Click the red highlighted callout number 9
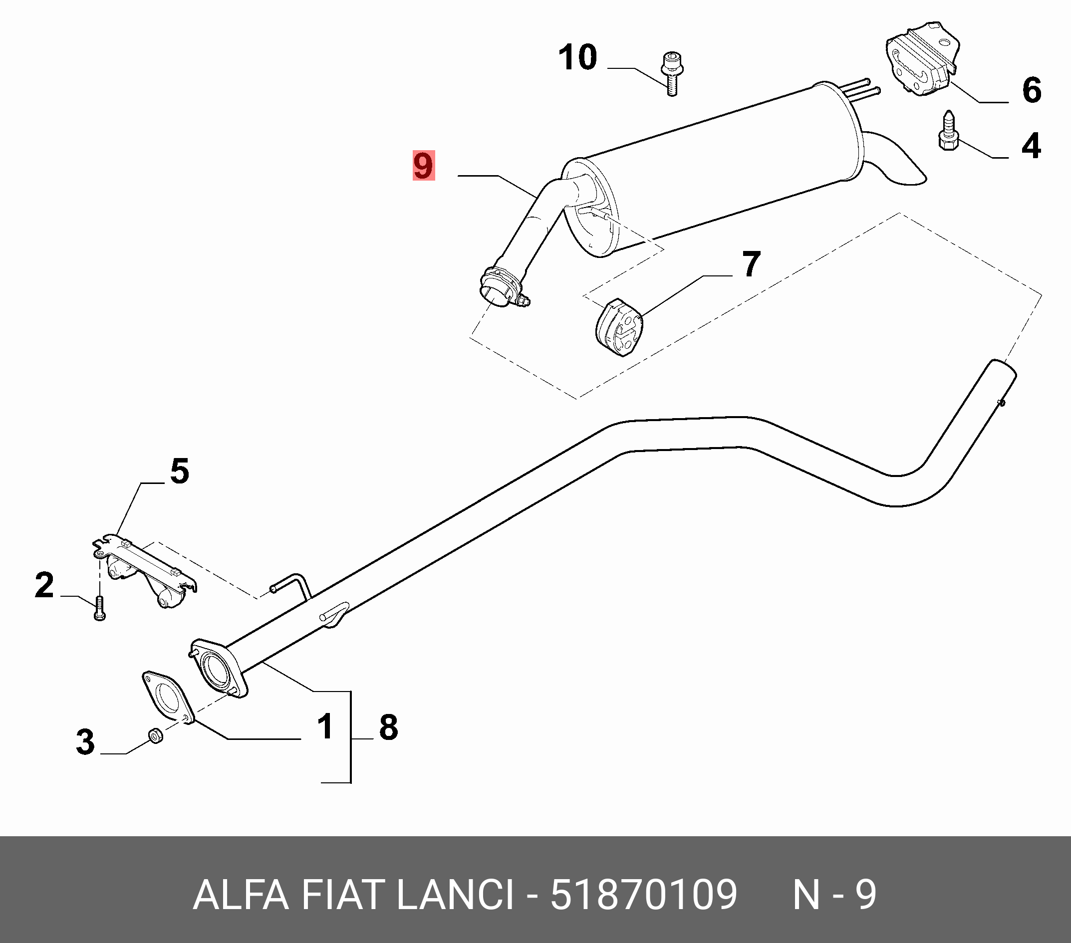pos(423,166)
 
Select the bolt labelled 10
pos(671,73)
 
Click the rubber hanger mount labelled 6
pos(923,59)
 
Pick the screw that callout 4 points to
pos(948,131)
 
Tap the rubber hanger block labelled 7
pos(619,328)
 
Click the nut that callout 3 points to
pos(156,736)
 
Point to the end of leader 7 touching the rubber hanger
pos(642,316)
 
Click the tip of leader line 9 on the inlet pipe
pos(535,197)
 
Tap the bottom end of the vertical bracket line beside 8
pos(350,783)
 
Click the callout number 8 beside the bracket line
pos(388,727)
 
